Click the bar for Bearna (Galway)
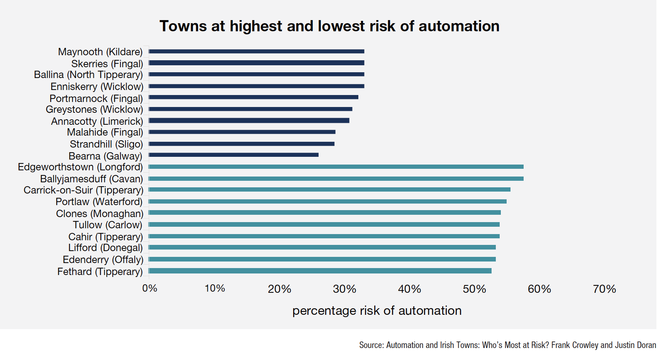click(234, 155)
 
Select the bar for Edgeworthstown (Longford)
click(336, 167)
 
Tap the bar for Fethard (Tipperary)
click(320, 271)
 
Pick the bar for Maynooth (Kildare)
click(256, 51)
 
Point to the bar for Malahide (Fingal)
click(242, 132)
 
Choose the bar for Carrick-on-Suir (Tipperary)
click(329, 190)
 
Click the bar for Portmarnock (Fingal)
click(254, 97)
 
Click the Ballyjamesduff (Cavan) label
click(92, 179)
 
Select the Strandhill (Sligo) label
click(106, 144)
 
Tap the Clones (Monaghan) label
click(100, 214)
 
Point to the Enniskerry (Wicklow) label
click(97, 87)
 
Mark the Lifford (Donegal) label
click(105, 248)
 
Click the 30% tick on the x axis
click(344, 289)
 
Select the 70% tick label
click(604, 289)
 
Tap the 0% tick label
click(150, 289)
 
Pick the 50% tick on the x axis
click(474, 289)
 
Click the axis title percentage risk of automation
click(377, 311)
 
